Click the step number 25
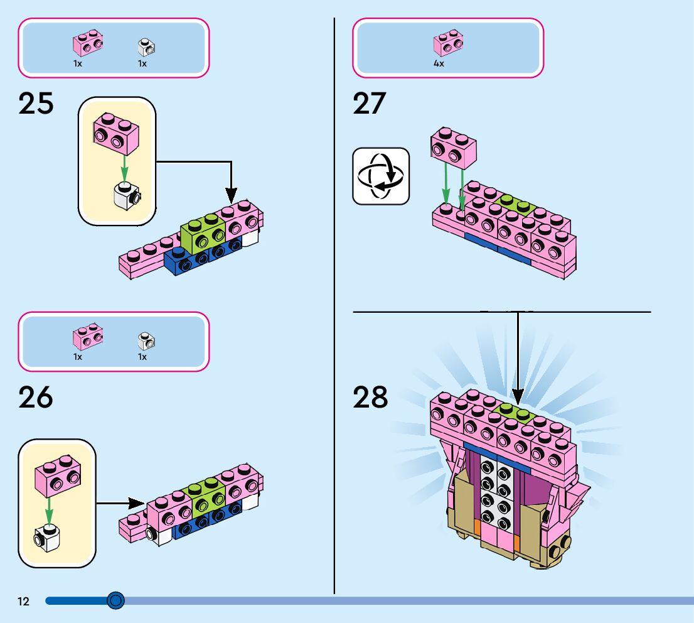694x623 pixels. (36, 104)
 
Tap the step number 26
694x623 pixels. (36, 398)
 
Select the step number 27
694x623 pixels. (370, 104)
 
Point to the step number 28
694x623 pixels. (370, 398)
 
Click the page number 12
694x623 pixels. (23, 602)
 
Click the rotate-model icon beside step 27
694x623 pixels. (381, 176)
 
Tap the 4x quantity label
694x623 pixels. (439, 64)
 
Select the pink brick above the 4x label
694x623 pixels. (448, 42)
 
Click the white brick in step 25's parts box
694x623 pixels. (146, 46)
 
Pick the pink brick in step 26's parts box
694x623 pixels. (88, 337)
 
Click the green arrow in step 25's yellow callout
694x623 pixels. (124, 167)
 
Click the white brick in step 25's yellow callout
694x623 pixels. (127, 196)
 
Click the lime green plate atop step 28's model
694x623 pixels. (515, 411)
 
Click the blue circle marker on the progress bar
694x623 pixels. (115, 601)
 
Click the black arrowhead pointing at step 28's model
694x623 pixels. (518, 396)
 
